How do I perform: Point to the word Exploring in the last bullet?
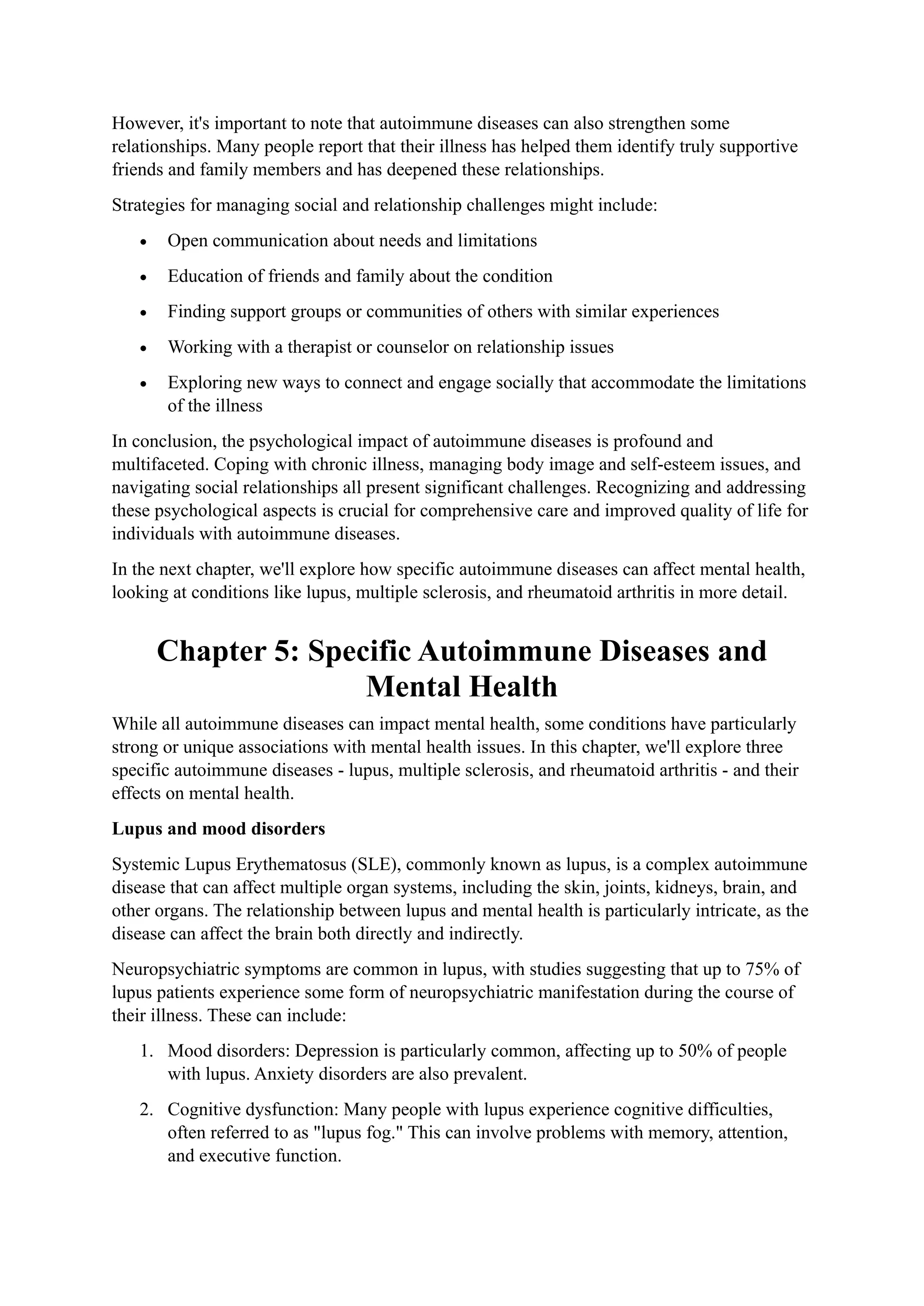tap(203, 383)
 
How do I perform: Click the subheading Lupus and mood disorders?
tap(218, 829)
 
